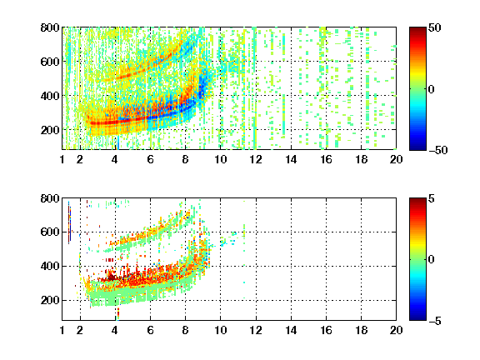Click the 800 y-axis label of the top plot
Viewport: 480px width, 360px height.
50,27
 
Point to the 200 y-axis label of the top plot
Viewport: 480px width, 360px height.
50,130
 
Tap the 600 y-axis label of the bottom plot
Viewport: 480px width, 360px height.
50,232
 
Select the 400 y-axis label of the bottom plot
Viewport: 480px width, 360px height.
50,266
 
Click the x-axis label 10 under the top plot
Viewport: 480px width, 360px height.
220,159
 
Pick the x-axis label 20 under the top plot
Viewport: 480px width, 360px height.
396,159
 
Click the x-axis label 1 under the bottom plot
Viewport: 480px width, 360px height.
62,330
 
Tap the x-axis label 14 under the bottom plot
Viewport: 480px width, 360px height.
291,330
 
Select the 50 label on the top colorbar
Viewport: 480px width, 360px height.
434,27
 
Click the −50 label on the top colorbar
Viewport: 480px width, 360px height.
438,150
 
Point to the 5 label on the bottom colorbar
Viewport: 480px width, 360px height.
432,198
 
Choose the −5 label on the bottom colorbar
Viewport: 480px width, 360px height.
435,321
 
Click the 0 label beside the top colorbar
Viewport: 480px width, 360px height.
432,89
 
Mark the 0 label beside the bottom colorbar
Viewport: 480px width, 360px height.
432,260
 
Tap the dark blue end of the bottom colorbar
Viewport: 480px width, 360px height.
417,318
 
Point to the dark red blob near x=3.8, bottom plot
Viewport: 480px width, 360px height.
112,277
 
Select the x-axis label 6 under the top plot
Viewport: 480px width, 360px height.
150,159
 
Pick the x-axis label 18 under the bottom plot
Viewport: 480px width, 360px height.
361,330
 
